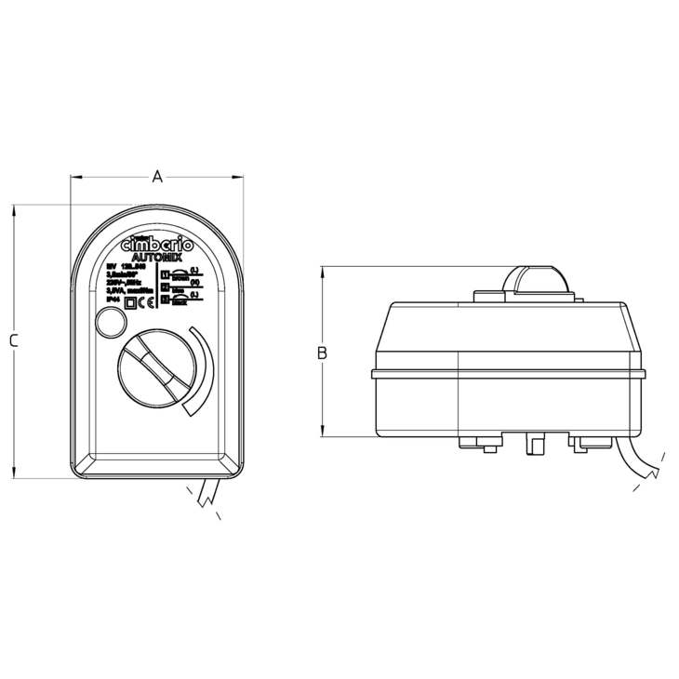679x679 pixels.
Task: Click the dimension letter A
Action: coord(158,176)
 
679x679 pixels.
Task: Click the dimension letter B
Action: coord(322,353)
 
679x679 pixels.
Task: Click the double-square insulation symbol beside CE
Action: coord(131,300)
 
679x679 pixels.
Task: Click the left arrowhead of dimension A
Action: coord(75,176)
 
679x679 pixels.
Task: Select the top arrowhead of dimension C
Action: coord(15,210)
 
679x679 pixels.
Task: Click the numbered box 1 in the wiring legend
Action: coord(166,275)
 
